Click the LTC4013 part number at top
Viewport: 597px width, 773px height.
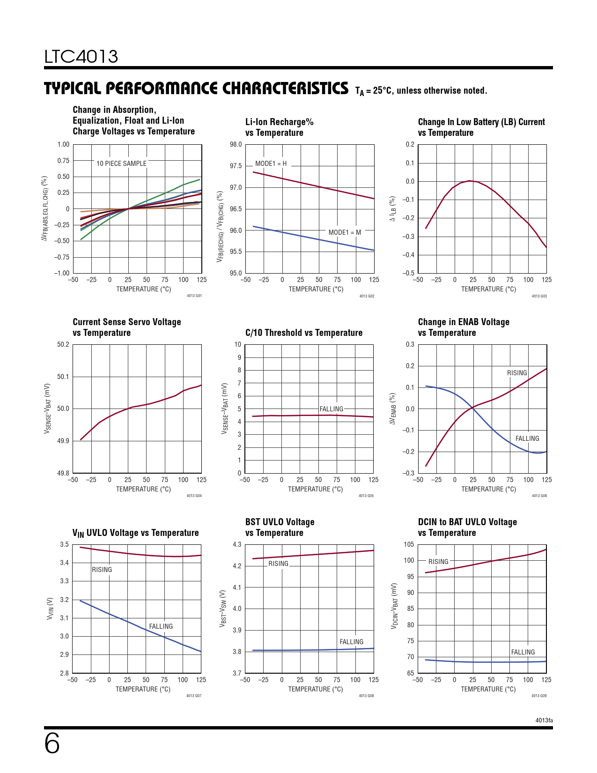click(81, 57)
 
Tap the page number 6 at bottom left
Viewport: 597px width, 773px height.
click(52, 744)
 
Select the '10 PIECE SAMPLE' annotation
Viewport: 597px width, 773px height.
click(121, 164)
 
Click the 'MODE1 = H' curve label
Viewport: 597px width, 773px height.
click(271, 164)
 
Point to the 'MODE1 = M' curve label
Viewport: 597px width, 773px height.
click(345, 232)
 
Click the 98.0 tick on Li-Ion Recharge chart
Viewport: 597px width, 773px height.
click(236, 144)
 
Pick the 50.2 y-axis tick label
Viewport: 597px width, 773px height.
click(63, 344)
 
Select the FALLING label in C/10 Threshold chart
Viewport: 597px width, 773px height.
click(331, 409)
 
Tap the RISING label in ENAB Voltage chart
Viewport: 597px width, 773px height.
click(517, 373)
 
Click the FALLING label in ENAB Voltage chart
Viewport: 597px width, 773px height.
click(527, 439)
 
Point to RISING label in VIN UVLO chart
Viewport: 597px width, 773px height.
click(102, 570)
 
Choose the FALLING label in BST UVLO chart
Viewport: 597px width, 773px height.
click(351, 642)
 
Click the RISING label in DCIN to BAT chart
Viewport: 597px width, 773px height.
click(438, 562)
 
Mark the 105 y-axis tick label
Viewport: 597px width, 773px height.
click(409, 544)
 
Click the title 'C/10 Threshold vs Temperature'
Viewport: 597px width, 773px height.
click(304, 333)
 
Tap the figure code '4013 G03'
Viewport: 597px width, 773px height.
click(539, 296)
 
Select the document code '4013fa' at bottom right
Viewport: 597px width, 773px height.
click(544, 720)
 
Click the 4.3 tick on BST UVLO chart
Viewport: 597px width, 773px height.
click(237, 544)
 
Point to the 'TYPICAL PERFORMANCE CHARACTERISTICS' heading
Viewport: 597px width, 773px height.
click(196, 89)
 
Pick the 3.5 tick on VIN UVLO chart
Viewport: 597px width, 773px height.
click(64, 544)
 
